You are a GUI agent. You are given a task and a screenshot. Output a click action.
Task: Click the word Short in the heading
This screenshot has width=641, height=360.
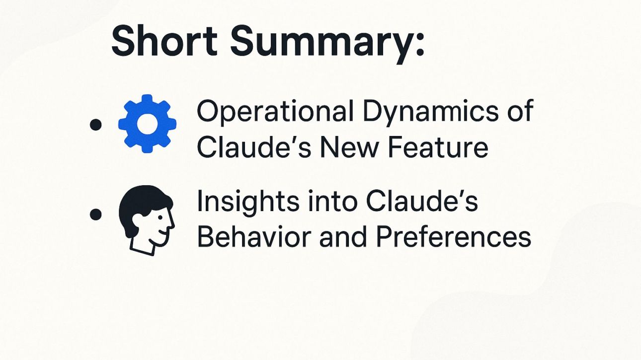164,41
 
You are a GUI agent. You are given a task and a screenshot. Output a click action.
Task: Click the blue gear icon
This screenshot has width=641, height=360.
147,124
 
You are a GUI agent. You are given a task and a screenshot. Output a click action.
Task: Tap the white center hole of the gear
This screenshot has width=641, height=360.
147,124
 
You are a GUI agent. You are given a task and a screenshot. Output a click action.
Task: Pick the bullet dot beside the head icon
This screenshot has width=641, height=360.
95,215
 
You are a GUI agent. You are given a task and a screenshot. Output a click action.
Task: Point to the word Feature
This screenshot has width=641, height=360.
438,147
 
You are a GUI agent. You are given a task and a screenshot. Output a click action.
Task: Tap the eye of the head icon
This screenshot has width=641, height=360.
160,218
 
